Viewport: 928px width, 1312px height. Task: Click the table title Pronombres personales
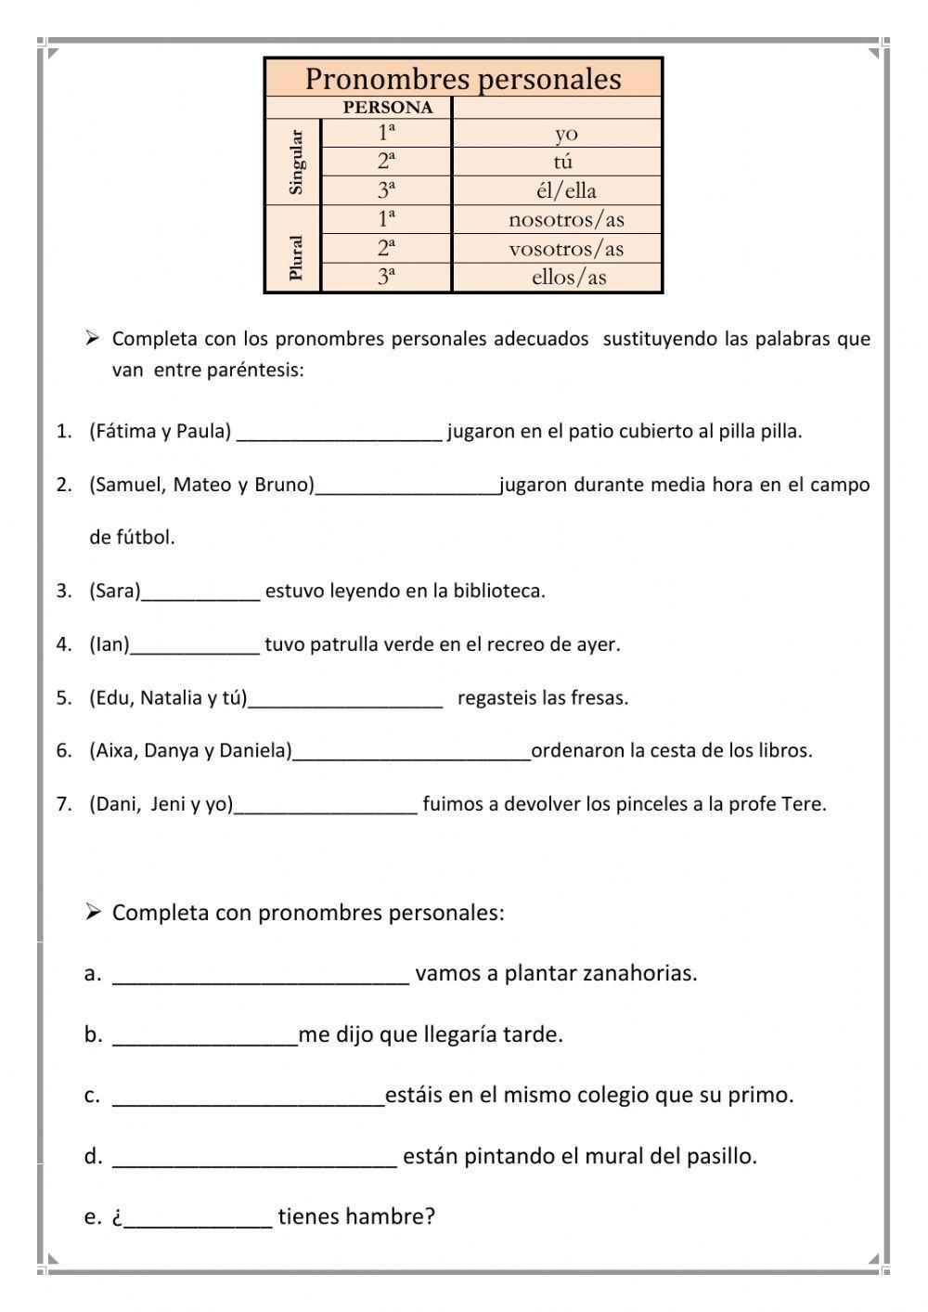pyautogui.click(x=463, y=79)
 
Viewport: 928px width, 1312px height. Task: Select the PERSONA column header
pyautogui.click(x=387, y=108)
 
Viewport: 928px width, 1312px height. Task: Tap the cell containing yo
pyautogui.click(x=566, y=134)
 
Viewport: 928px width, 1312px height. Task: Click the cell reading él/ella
pyautogui.click(x=566, y=191)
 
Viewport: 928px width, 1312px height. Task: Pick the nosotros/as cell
pyautogui.click(x=566, y=220)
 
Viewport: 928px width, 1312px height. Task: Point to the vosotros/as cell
pyautogui.click(x=566, y=249)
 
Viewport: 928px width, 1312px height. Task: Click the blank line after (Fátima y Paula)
pyautogui.click(x=340, y=434)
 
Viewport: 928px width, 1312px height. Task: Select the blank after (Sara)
pyautogui.click(x=200, y=593)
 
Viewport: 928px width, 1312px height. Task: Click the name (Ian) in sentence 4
pyautogui.click(x=110, y=644)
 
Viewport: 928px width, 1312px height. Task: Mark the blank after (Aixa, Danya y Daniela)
pyautogui.click(x=411, y=753)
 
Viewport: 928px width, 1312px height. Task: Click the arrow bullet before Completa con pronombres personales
pyautogui.click(x=93, y=913)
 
